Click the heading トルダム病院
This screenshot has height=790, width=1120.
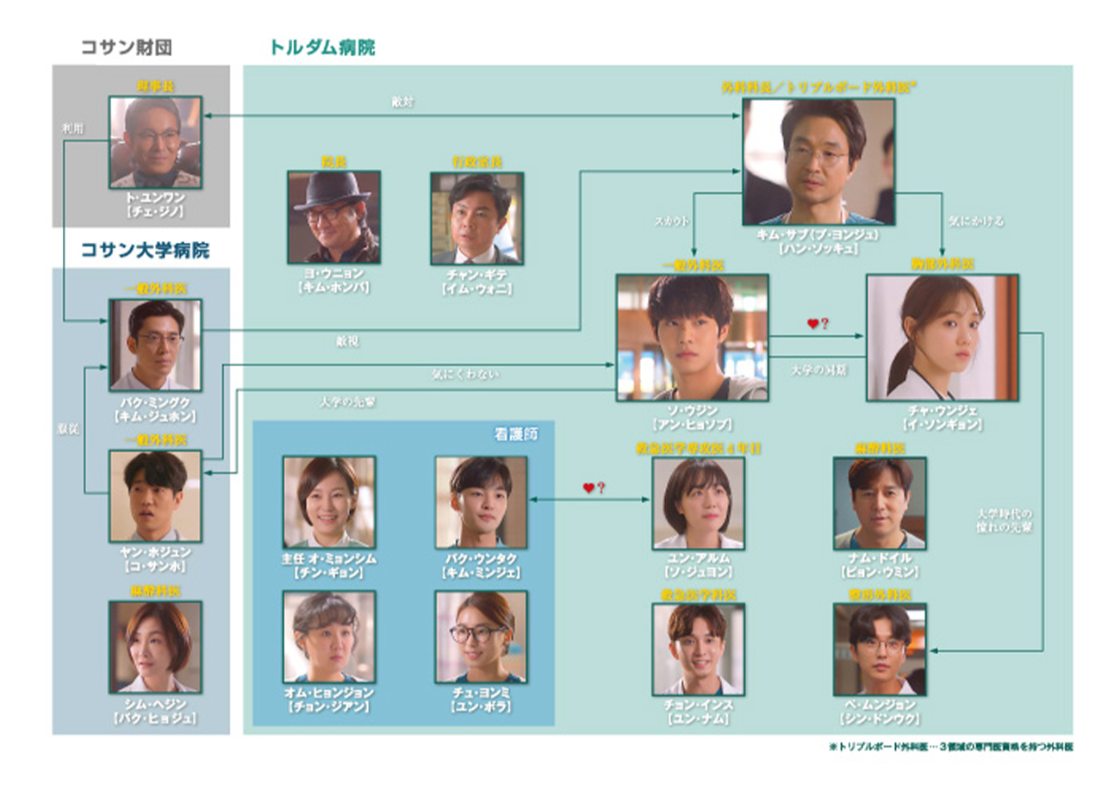322,47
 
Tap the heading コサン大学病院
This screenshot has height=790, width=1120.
145,251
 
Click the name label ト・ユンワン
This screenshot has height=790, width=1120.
155,197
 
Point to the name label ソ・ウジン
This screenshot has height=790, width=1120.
691,412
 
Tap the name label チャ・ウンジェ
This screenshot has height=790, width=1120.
942,412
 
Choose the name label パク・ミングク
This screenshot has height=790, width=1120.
155,401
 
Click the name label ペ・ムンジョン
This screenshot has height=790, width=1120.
880,704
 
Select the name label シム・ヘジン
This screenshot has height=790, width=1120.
155,704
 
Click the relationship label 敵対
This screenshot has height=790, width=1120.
402,102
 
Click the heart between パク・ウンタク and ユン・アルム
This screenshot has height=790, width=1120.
588,488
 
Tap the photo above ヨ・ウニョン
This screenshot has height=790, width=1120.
333,216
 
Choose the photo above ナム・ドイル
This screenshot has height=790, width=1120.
880,503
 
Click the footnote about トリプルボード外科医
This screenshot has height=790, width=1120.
949,747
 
